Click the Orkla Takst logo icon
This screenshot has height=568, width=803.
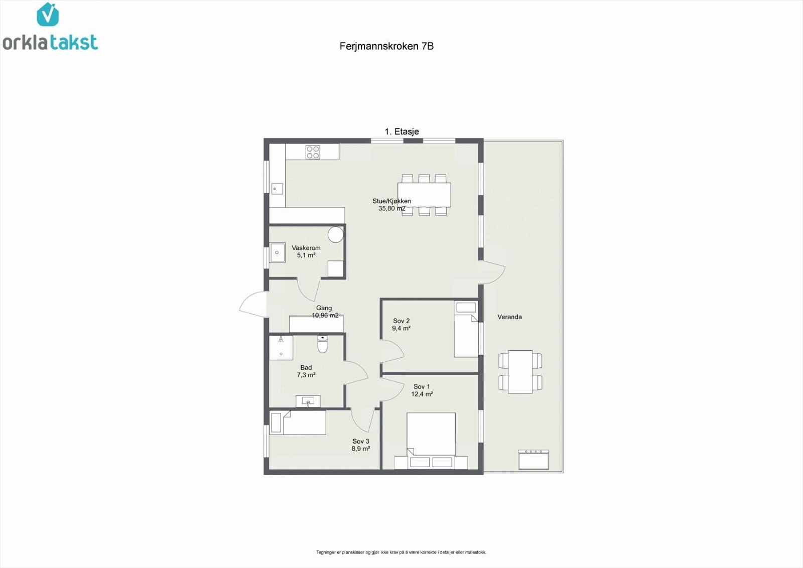pos(48,15)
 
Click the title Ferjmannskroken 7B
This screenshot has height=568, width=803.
pos(386,46)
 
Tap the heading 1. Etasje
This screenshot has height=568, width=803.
pos(401,131)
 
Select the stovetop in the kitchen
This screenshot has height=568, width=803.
pos(313,152)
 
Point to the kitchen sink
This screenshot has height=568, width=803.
pos(277,189)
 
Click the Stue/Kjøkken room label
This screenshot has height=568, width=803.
pos(391,205)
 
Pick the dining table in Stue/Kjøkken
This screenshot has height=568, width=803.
pos(424,195)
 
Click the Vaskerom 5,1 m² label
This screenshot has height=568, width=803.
pos(306,251)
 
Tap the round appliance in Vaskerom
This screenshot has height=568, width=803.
pos(335,234)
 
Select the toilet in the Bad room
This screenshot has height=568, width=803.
pos(322,345)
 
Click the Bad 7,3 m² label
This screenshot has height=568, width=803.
pos(306,371)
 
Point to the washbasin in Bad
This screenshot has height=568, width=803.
pos(308,401)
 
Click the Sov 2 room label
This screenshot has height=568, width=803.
pos(401,325)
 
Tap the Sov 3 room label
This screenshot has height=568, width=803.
pos(361,445)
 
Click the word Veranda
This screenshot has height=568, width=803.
pos(509,317)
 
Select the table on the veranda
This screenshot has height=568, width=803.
pos(520,372)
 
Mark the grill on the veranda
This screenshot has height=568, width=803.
pos(533,460)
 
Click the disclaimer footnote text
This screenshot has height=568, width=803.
pos(401,552)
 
